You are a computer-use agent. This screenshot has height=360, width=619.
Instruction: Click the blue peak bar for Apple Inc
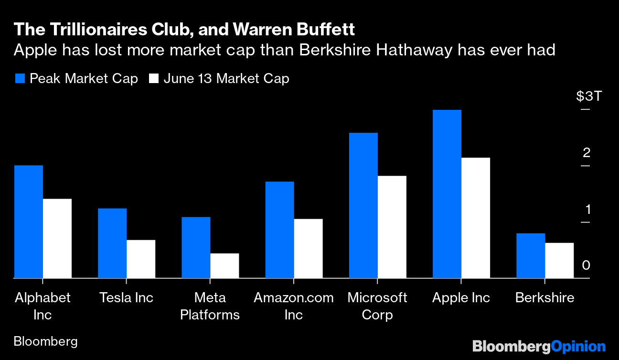tap(447, 194)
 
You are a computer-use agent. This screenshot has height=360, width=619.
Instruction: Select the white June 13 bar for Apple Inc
tap(476, 218)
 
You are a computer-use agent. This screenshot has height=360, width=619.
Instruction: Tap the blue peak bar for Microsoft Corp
tap(363, 205)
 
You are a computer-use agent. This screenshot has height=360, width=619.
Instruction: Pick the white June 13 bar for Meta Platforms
tap(224, 265)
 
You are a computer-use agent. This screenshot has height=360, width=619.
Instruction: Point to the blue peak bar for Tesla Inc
tap(112, 243)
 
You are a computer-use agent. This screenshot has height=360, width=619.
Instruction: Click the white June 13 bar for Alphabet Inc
tap(57, 238)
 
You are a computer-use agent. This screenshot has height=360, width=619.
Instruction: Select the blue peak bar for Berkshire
tap(531, 255)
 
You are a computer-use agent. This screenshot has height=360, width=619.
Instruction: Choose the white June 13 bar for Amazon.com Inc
tap(308, 248)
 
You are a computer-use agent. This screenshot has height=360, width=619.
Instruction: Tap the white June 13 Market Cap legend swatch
tap(153, 79)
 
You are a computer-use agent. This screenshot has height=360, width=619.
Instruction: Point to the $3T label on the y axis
tap(589, 96)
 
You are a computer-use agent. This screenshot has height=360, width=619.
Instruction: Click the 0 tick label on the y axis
tap(586, 265)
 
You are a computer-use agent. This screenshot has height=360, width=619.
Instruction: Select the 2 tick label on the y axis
tap(587, 153)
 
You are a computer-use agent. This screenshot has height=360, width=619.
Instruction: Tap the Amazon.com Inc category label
tap(294, 306)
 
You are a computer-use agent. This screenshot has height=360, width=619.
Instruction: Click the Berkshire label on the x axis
tap(544, 298)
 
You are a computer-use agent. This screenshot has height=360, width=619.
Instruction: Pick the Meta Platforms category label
tap(210, 306)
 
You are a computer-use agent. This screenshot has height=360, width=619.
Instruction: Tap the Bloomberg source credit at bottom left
tap(46, 342)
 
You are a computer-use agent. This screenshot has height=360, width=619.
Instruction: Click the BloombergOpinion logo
tap(539, 346)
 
